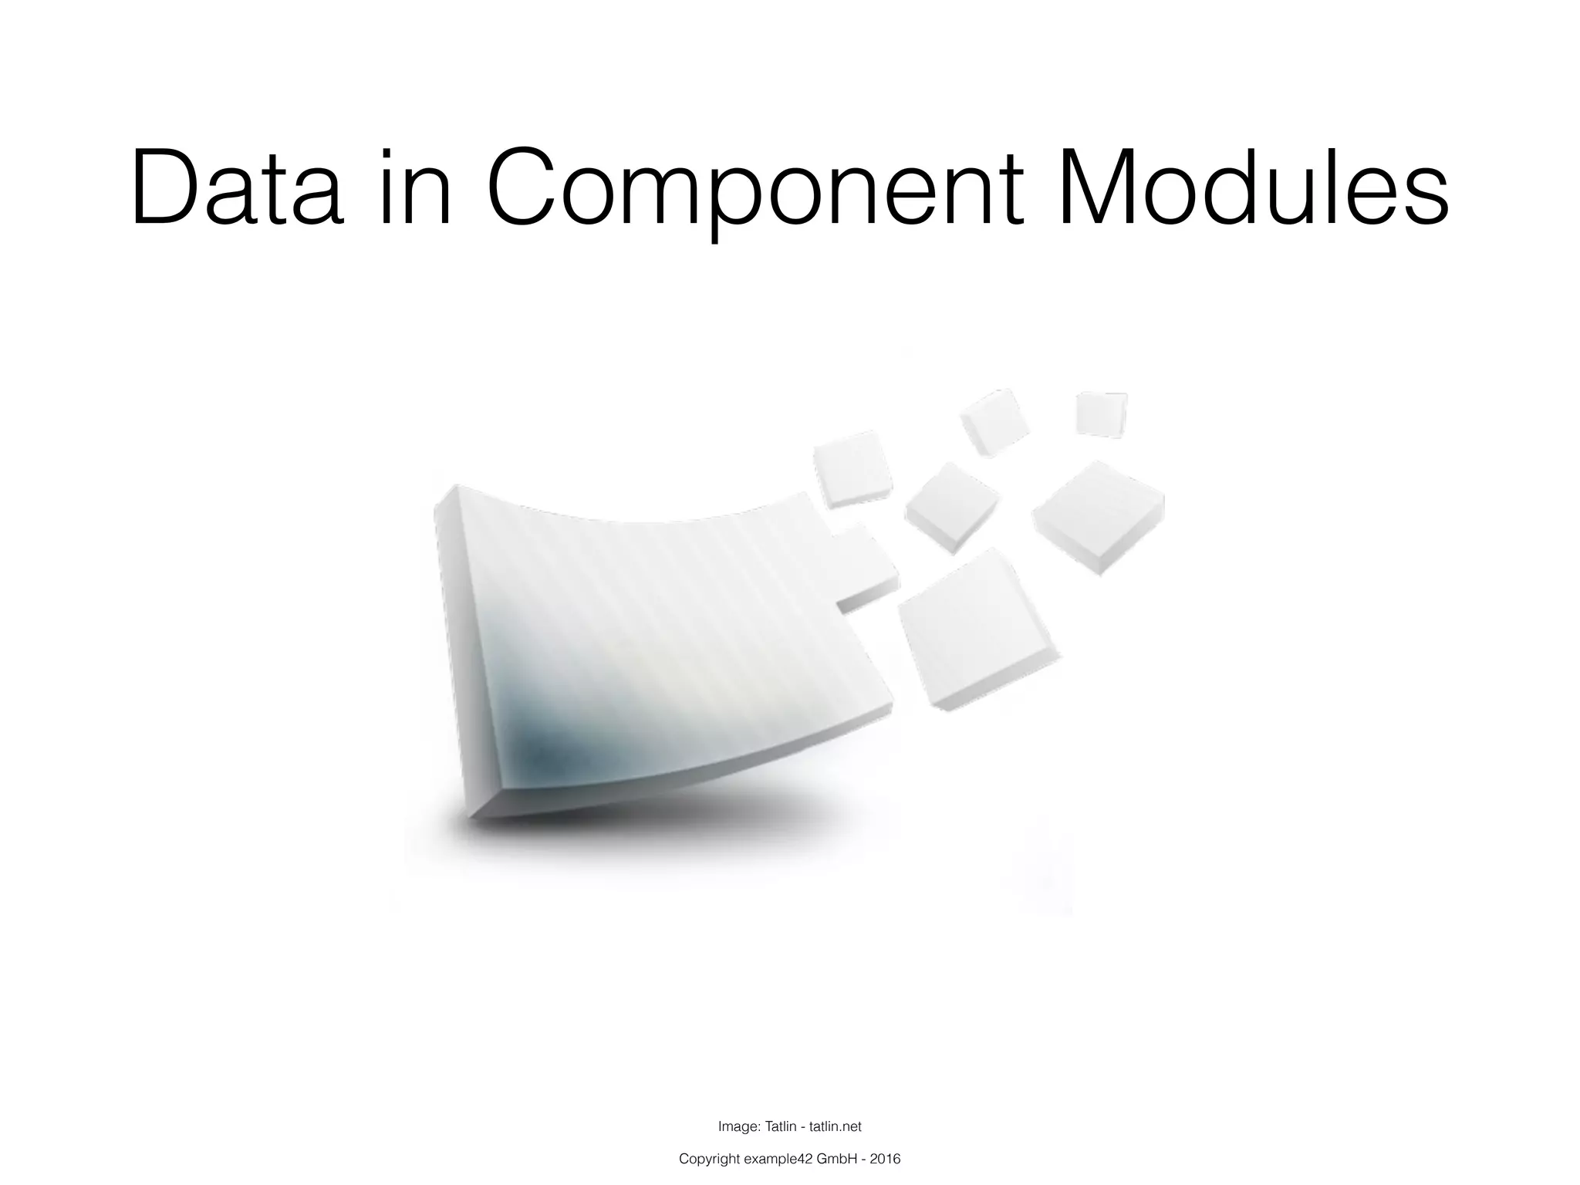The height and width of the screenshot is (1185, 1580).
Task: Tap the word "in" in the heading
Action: (x=415, y=189)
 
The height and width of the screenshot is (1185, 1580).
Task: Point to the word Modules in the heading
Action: (x=1253, y=189)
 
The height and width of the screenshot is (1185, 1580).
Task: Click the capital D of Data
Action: (x=164, y=189)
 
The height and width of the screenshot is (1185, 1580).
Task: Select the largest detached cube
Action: (x=976, y=629)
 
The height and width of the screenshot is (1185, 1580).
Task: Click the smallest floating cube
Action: (x=1101, y=414)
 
